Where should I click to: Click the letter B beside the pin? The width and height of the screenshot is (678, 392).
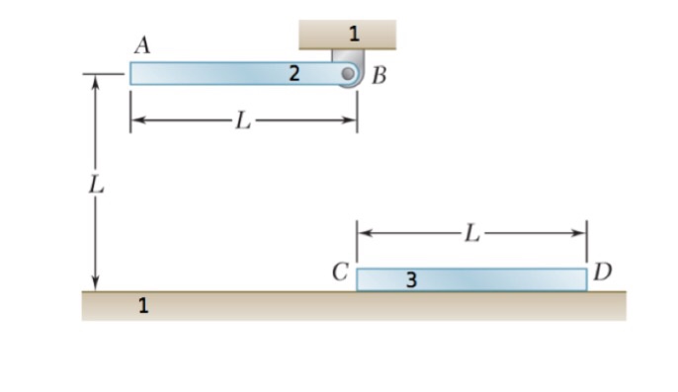pyautogui.click(x=380, y=78)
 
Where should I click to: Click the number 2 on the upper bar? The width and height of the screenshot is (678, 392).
pyautogui.click(x=295, y=72)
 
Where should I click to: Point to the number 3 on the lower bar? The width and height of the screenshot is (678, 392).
pyautogui.click(x=411, y=281)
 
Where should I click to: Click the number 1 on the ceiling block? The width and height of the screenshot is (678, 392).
pyautogui.click(x=353, y=34)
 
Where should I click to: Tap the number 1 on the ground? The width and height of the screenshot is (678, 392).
pyautogui.click(x=143, y=306)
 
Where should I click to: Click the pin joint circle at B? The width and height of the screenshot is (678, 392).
pyautogui.click(x=348, y=73)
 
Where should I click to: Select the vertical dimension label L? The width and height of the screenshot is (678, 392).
pyautogui.click(x=95, y=185)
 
